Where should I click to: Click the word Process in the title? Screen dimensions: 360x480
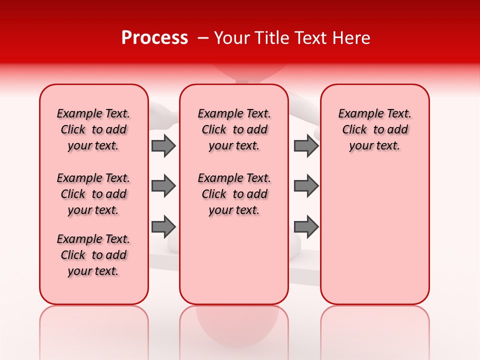coord(154,38)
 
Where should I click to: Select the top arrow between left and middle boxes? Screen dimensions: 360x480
coord(163,145)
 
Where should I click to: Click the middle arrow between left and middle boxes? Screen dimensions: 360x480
coord(163,186)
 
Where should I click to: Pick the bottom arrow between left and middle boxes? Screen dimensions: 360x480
coord(163,226)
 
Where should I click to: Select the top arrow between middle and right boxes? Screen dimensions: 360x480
coord(306,145)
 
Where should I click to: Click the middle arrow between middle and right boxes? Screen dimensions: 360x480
coord(306,186)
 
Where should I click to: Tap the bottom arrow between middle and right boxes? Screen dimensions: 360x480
coord(306,226)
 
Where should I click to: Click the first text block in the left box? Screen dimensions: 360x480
coord(93,129)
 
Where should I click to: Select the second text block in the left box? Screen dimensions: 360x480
coord(93,194)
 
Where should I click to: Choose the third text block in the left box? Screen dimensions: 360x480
coord(93,255)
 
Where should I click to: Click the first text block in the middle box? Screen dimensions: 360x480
coord(234,129)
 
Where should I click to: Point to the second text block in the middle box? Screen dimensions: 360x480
coord(234,194)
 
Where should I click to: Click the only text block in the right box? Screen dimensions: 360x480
coord(374,129)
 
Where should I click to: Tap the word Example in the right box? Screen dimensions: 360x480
coord(358,114)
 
